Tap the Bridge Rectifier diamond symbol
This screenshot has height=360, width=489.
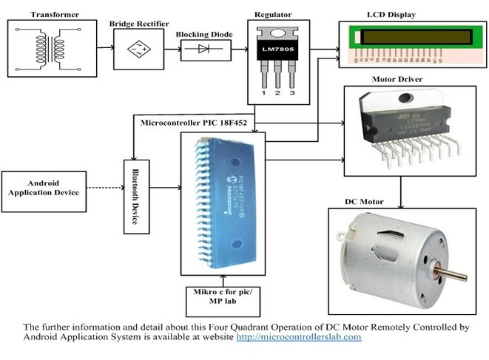pos(136,49)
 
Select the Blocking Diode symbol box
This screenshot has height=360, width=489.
pos(203,50)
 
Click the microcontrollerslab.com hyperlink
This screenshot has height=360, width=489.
pos(298,337)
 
